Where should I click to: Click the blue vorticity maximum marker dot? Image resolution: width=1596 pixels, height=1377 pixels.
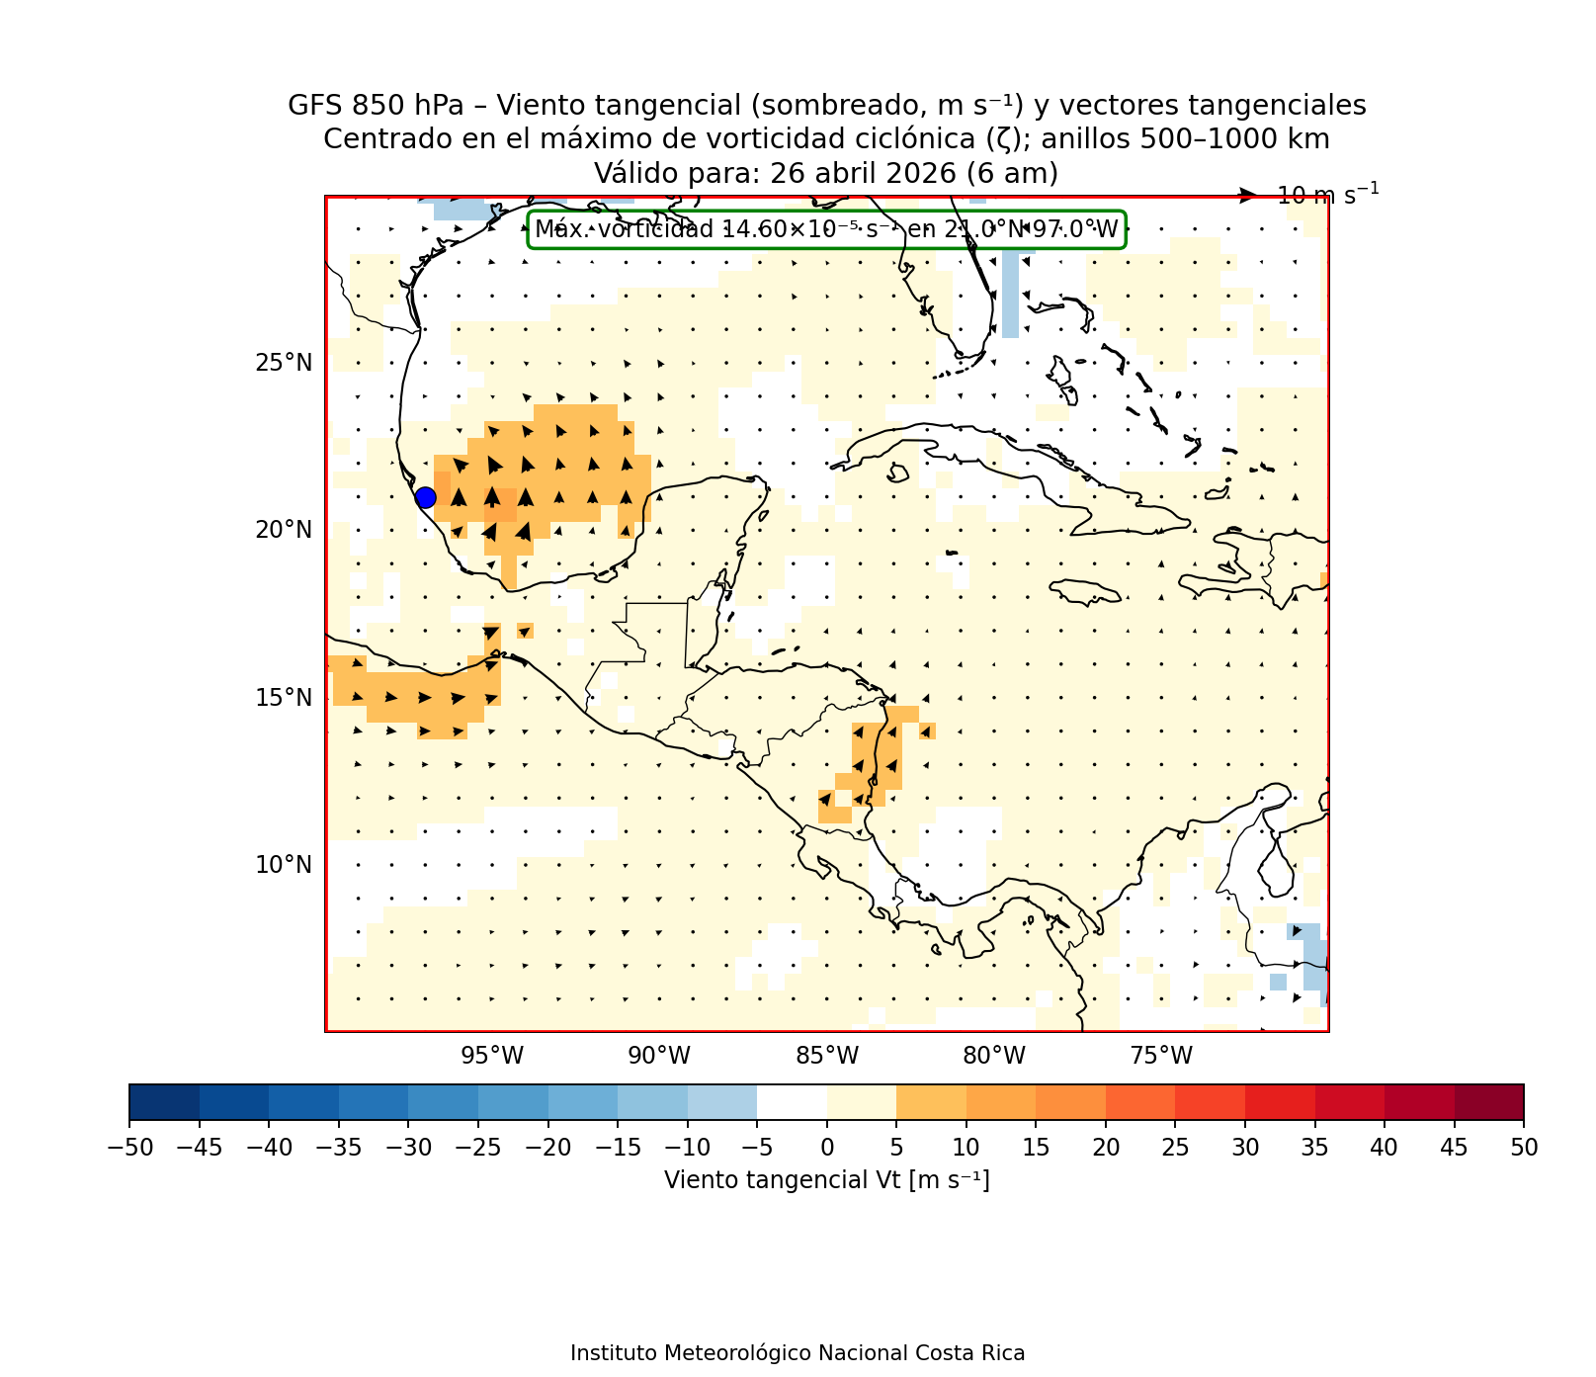coord(425,497)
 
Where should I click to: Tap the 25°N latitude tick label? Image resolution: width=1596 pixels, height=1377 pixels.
coord(284,363)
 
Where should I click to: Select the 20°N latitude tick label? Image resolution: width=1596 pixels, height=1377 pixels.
coord(284,530)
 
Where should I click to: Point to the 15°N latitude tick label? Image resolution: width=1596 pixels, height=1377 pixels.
coord(284,698)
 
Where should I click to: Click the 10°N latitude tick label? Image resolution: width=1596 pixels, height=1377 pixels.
coord(284,865)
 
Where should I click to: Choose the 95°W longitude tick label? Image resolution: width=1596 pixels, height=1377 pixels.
coord(492,1056)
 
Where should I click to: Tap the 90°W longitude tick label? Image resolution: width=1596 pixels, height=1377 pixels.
coord(659,1056)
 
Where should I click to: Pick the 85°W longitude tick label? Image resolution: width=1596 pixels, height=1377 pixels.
coord(827,1056)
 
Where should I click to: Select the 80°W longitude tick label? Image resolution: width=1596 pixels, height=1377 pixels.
coord(994,1056)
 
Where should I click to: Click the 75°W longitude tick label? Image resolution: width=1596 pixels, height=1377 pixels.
coord(1161,1056)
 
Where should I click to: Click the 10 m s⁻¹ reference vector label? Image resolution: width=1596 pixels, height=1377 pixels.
coord(1327,195)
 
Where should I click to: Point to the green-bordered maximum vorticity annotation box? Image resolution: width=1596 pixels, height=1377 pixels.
coord(826,230)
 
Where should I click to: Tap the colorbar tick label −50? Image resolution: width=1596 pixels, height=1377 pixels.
coord(128,1147)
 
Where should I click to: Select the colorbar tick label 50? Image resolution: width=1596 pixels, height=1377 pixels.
coord(1524,1147)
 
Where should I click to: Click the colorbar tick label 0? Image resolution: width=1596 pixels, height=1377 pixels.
coord(827,1147)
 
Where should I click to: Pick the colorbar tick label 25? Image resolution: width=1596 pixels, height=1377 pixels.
coord(1175,1147)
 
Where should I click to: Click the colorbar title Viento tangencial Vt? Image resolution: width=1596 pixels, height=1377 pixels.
coord(826,1179)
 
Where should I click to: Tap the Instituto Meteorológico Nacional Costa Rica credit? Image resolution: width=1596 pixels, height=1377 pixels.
coord(798,1352)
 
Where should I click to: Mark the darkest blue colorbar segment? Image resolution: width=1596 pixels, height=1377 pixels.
coord(164,1101)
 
